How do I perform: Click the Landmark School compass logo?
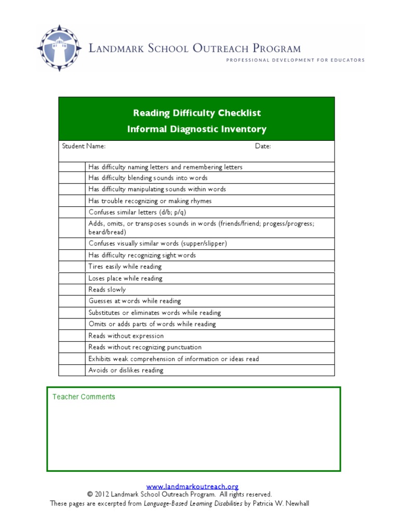(59, 48)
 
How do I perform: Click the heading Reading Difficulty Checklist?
(197, 113)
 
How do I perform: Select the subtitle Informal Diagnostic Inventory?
(197, 129)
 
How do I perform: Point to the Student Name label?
(84, 147)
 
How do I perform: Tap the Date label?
(263, 147)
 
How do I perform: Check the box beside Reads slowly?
(72, 290)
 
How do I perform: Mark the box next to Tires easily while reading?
(72, 267)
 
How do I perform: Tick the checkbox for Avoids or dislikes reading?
(72, 370)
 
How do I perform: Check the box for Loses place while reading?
(72, 278)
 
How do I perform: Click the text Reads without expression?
(126, 336)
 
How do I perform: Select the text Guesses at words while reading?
(135, 301)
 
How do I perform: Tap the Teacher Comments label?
(84, 397)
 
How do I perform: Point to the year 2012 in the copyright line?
(102, 495)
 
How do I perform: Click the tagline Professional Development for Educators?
(295, 60)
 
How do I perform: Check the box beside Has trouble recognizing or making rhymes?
(72, 201)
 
